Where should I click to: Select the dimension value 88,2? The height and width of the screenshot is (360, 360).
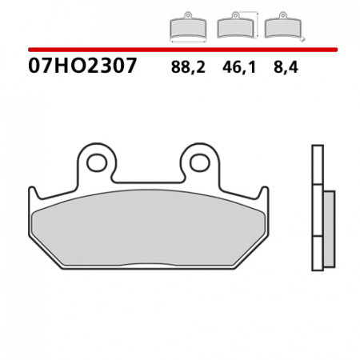tap(188, 68)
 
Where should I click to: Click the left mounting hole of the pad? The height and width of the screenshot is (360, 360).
tap(97, 163)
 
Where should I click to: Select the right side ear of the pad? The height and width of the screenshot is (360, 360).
tap(262, 194)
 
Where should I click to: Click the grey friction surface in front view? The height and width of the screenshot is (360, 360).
tap(148, 228)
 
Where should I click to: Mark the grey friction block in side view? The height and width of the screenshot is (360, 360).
tap(328, 230)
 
